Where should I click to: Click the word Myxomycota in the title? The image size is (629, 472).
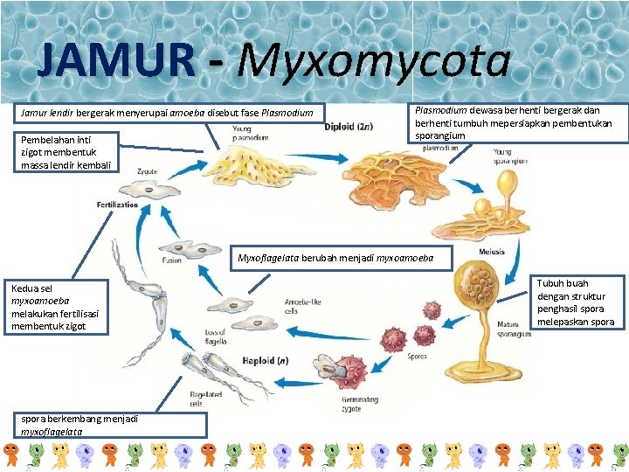point(374,61)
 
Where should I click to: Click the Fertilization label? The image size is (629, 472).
point(117,205)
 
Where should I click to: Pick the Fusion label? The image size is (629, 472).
point(171,260)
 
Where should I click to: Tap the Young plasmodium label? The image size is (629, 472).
point(250,133)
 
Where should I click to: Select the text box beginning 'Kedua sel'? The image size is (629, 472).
point(57,306)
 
